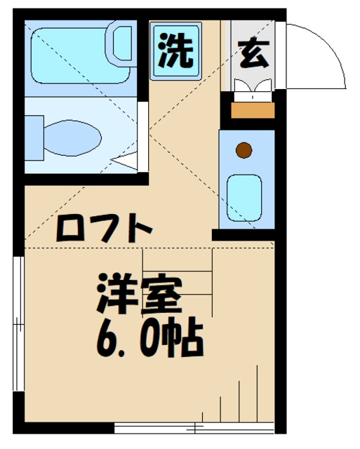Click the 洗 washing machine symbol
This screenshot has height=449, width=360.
tap(175, 52)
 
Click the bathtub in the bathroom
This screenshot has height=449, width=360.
tap(81, 49)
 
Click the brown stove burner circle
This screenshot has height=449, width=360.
tap(244, 150)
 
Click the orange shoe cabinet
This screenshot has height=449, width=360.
tap(253, 109)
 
